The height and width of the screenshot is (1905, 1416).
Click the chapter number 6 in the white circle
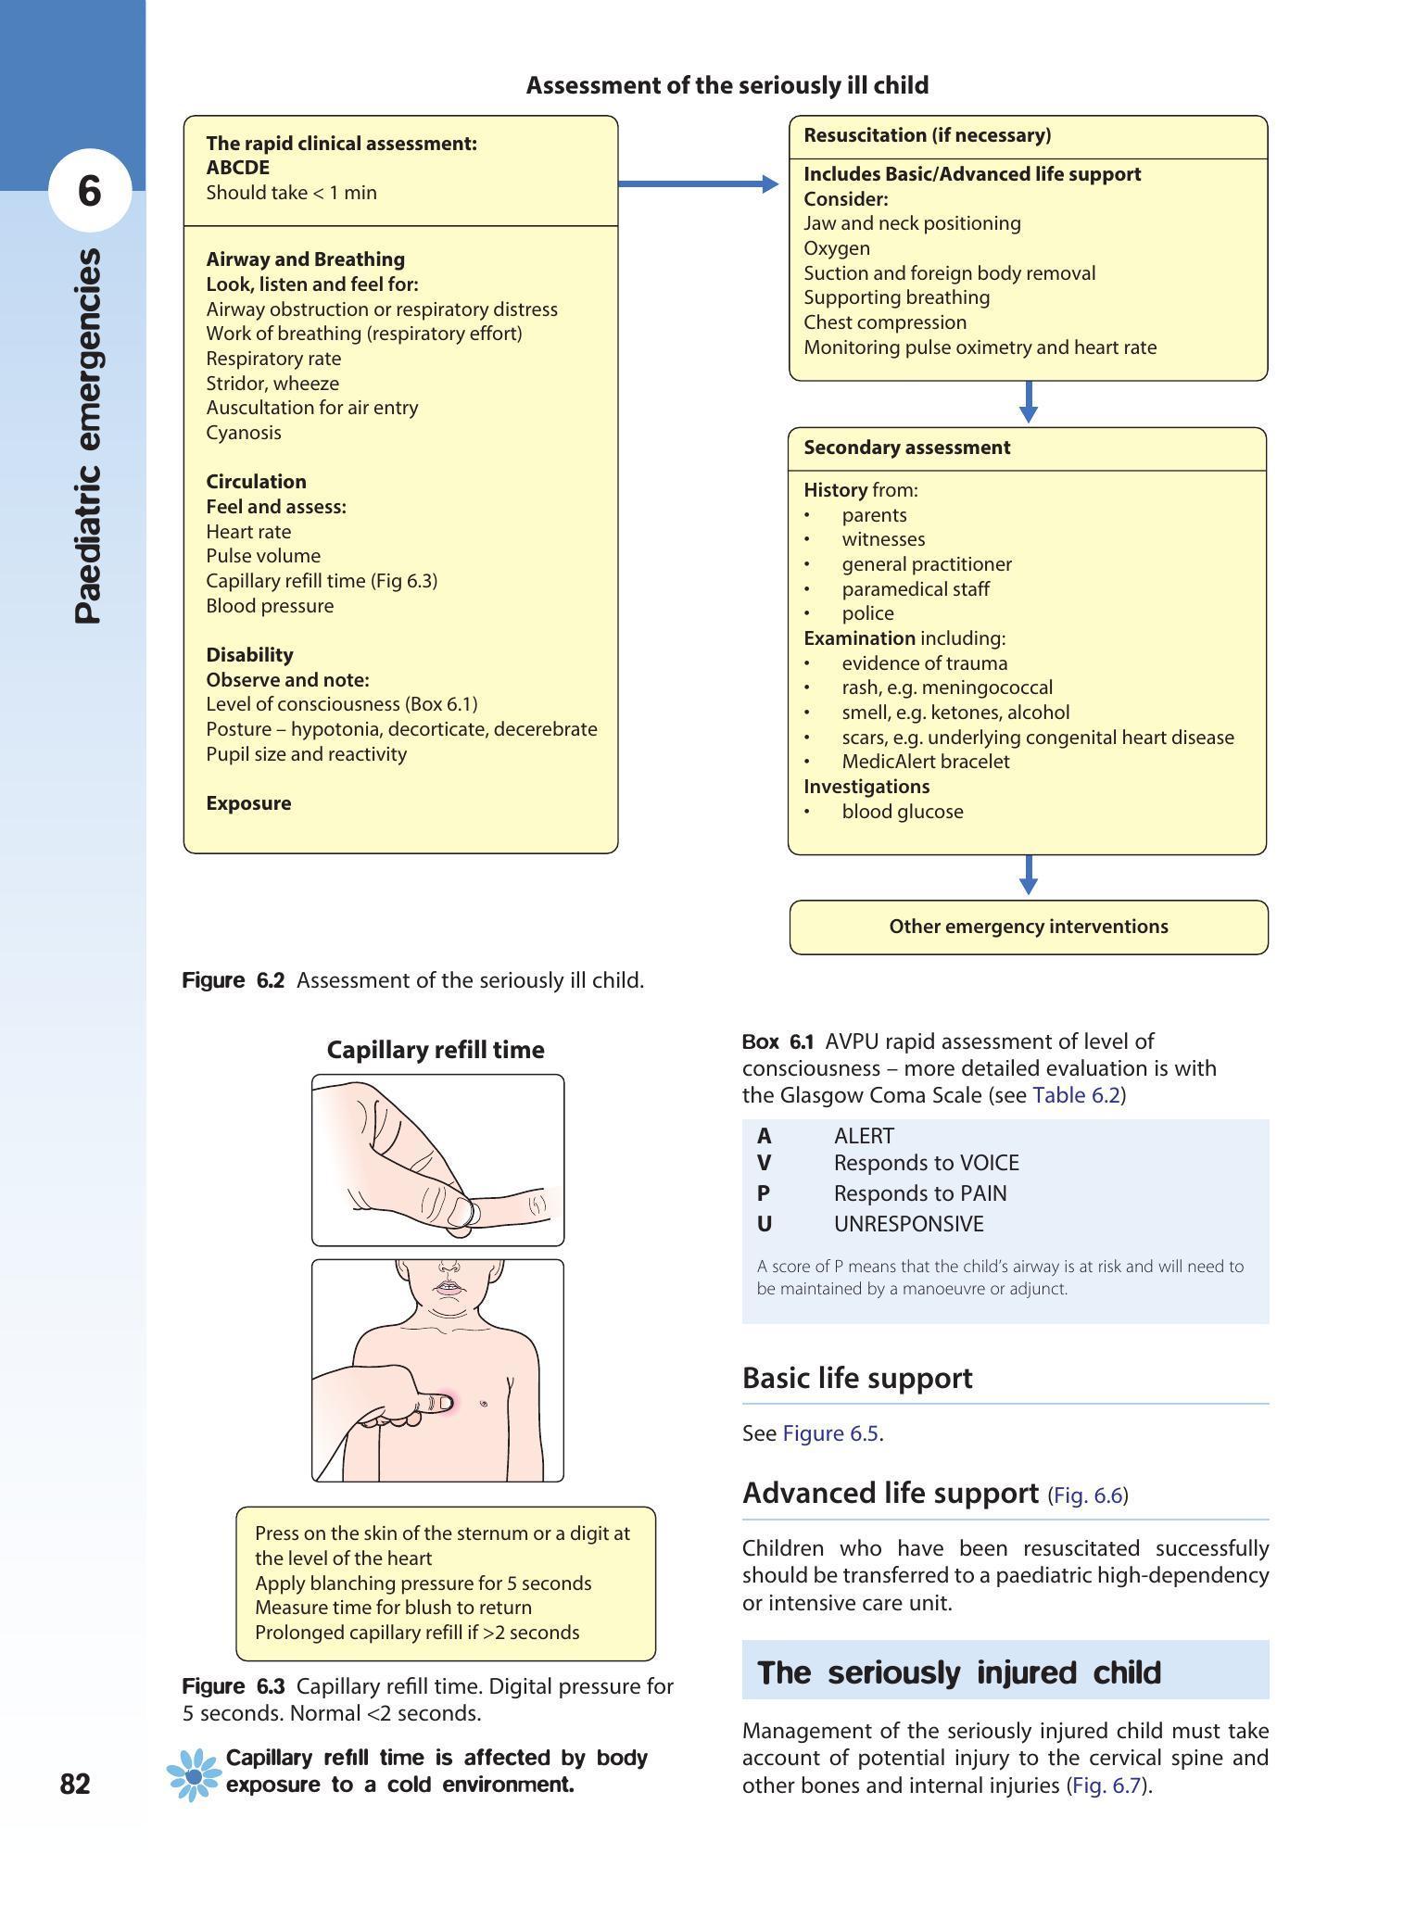pos(89,191)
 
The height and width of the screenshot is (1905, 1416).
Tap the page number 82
pos(75,1784)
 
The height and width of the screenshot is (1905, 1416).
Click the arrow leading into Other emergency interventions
pos(1028,876)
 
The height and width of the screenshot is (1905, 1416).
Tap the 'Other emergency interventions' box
pos(1028,927)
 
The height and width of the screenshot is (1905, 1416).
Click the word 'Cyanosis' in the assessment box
pos(244,433)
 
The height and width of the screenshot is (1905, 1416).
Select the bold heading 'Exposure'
pos(248,803)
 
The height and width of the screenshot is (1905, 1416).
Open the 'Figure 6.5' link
pos(830,1433)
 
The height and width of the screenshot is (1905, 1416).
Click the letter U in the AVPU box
pos(765,1224)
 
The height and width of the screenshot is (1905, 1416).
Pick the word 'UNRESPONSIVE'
pos(908,1224)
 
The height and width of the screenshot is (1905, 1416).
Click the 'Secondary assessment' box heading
pos(906,448)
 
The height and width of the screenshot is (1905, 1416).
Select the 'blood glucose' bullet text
pos(902,812)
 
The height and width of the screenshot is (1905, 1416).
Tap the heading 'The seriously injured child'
pos(959,1672)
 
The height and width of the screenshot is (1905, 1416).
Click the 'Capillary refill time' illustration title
pos(436,1050)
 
